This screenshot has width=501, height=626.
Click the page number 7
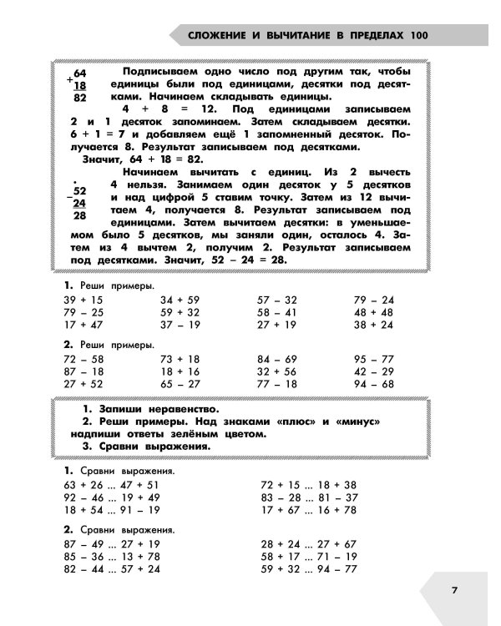454,591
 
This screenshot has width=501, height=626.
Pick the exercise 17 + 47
82,326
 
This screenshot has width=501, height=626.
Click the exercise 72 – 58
82,358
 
